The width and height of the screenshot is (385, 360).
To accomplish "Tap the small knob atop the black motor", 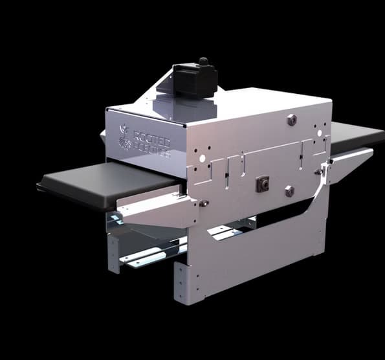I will [x=204, y=62].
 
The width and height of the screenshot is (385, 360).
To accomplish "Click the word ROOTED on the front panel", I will [x=152, y=138].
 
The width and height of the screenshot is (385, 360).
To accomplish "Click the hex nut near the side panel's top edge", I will [x=291, y=119].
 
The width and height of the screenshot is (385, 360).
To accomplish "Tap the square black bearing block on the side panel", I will [x=263, y=184].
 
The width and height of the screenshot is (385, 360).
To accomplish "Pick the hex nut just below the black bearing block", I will [x=289, y=191].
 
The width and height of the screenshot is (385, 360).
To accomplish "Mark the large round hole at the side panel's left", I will [x=202, y=157].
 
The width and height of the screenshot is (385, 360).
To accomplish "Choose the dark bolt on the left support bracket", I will [x=203, y=203].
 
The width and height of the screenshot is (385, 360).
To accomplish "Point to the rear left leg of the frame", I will [x=114, y=253].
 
